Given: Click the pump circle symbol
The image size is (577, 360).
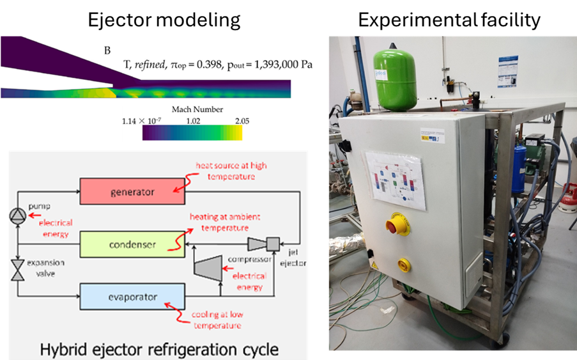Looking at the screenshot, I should tap(15, 217).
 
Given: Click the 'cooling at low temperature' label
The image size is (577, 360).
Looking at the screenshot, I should tap(217, 320).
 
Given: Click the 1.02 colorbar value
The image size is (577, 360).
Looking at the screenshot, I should tap(192, 120).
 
